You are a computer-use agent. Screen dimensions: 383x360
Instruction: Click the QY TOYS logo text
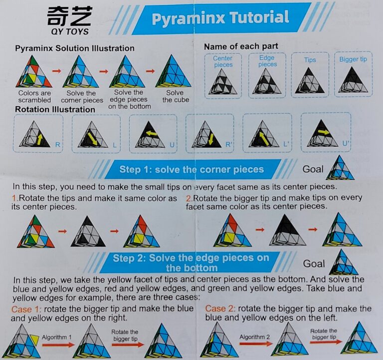tap(70, 31)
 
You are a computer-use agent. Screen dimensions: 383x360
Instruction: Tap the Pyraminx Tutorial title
tap(220, 17)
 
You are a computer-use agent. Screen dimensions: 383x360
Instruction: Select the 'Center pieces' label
tap(223, 61)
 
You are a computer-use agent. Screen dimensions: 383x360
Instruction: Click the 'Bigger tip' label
tap(353, 59)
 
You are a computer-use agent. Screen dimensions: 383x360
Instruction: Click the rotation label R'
tap(228, 144)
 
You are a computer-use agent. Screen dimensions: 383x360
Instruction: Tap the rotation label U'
tap(345, 143)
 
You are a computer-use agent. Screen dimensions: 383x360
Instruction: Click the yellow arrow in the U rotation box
tap(152, 133)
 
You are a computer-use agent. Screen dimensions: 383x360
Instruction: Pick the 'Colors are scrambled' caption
tap(35, 96)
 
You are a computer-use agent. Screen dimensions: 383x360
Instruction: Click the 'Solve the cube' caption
tap(176, 96)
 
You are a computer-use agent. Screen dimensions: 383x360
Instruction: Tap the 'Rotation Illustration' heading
tap(55, 109)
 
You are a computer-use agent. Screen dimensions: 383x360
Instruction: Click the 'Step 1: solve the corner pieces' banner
tap(191, 169)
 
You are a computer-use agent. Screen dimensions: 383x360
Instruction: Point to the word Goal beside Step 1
tap(313, 169)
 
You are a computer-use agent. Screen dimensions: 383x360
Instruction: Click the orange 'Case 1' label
tap(25, 309)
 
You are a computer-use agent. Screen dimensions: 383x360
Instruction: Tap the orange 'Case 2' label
tap(219, 309)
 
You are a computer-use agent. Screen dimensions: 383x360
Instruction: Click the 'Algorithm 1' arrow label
tap(57, 338)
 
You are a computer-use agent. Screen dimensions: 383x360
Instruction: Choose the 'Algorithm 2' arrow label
tap(254, 337)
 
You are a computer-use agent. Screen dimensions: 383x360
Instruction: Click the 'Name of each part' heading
tap(241, 46)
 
